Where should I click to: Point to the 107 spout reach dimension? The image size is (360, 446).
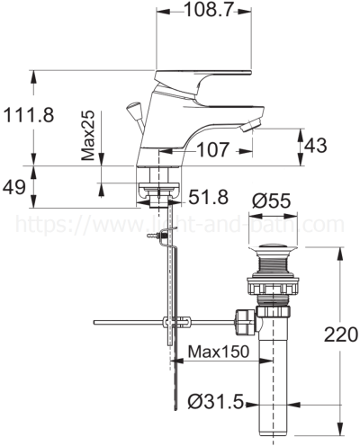click(214, 151)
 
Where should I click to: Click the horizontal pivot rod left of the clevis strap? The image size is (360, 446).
click(126, 322)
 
